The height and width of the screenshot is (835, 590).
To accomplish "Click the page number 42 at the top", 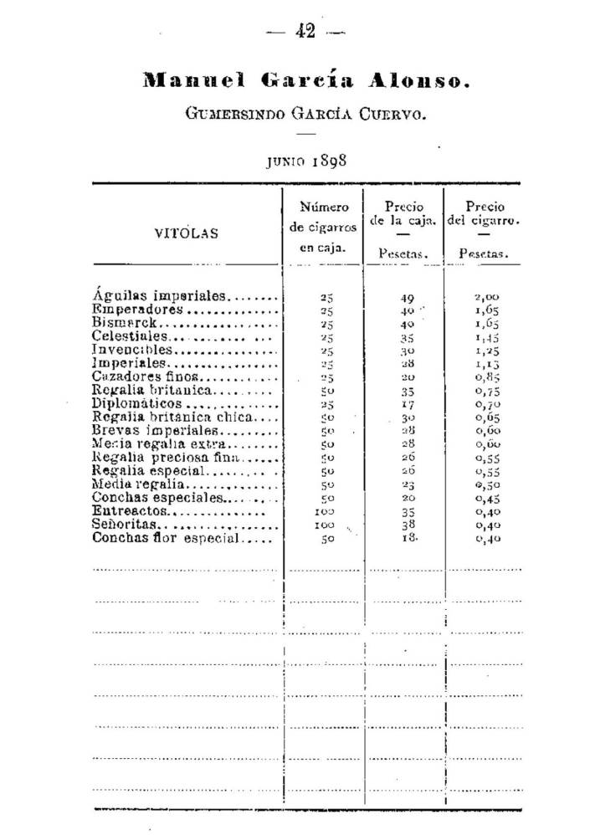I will click(304, 32).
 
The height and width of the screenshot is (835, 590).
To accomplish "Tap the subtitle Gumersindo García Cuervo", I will click(306, 111).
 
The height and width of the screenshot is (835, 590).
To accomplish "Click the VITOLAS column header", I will click(187, 233).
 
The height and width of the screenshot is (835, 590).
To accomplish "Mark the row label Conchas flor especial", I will click(167, 539).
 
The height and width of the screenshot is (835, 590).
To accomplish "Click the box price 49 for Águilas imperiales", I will click(408, 296).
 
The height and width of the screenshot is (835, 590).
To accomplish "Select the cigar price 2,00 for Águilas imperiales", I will click(487, 296).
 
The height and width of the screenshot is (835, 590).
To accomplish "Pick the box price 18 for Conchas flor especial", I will click(408, 540).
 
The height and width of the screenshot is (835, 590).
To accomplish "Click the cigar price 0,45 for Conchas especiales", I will click(487, 499).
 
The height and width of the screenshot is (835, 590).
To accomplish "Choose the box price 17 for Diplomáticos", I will click(408, 404).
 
